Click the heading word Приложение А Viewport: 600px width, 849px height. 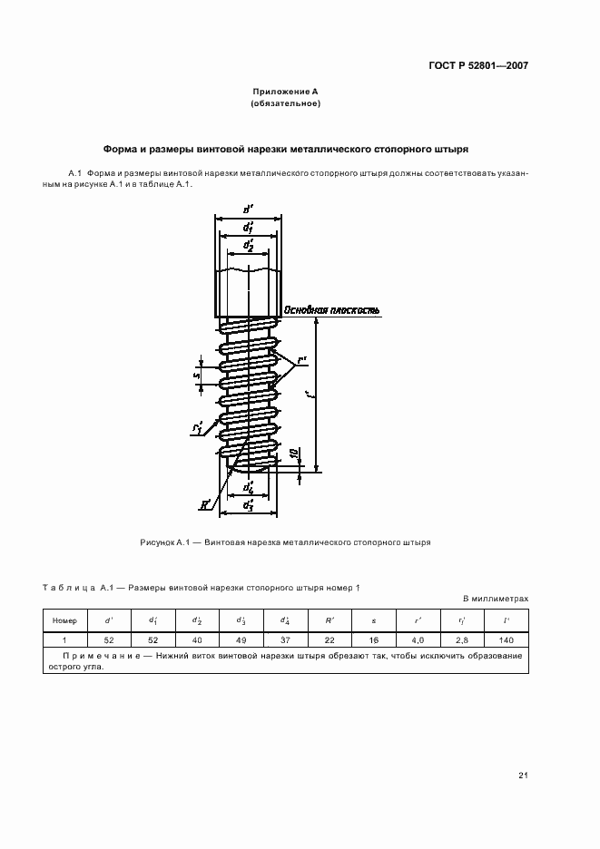(x=285, y=93)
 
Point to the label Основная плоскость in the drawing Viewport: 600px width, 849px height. (x=332, y=310)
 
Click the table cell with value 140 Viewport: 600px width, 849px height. (x=505, y=640)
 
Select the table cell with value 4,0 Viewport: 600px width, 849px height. (x=418, y=640)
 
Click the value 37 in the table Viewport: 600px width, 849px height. (x=285, y=640)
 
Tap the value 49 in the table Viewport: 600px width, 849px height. (x=241, y=640)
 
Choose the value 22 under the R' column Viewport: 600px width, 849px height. (x=330, y=640)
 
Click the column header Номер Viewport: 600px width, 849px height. (x=65, y=620)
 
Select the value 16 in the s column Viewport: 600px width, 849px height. (x=373, y=640)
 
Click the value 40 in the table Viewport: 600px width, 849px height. (x=197, y=640)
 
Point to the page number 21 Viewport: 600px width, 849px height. (x=523, y=775)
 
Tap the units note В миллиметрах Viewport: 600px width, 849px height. (x=496, y=600)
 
